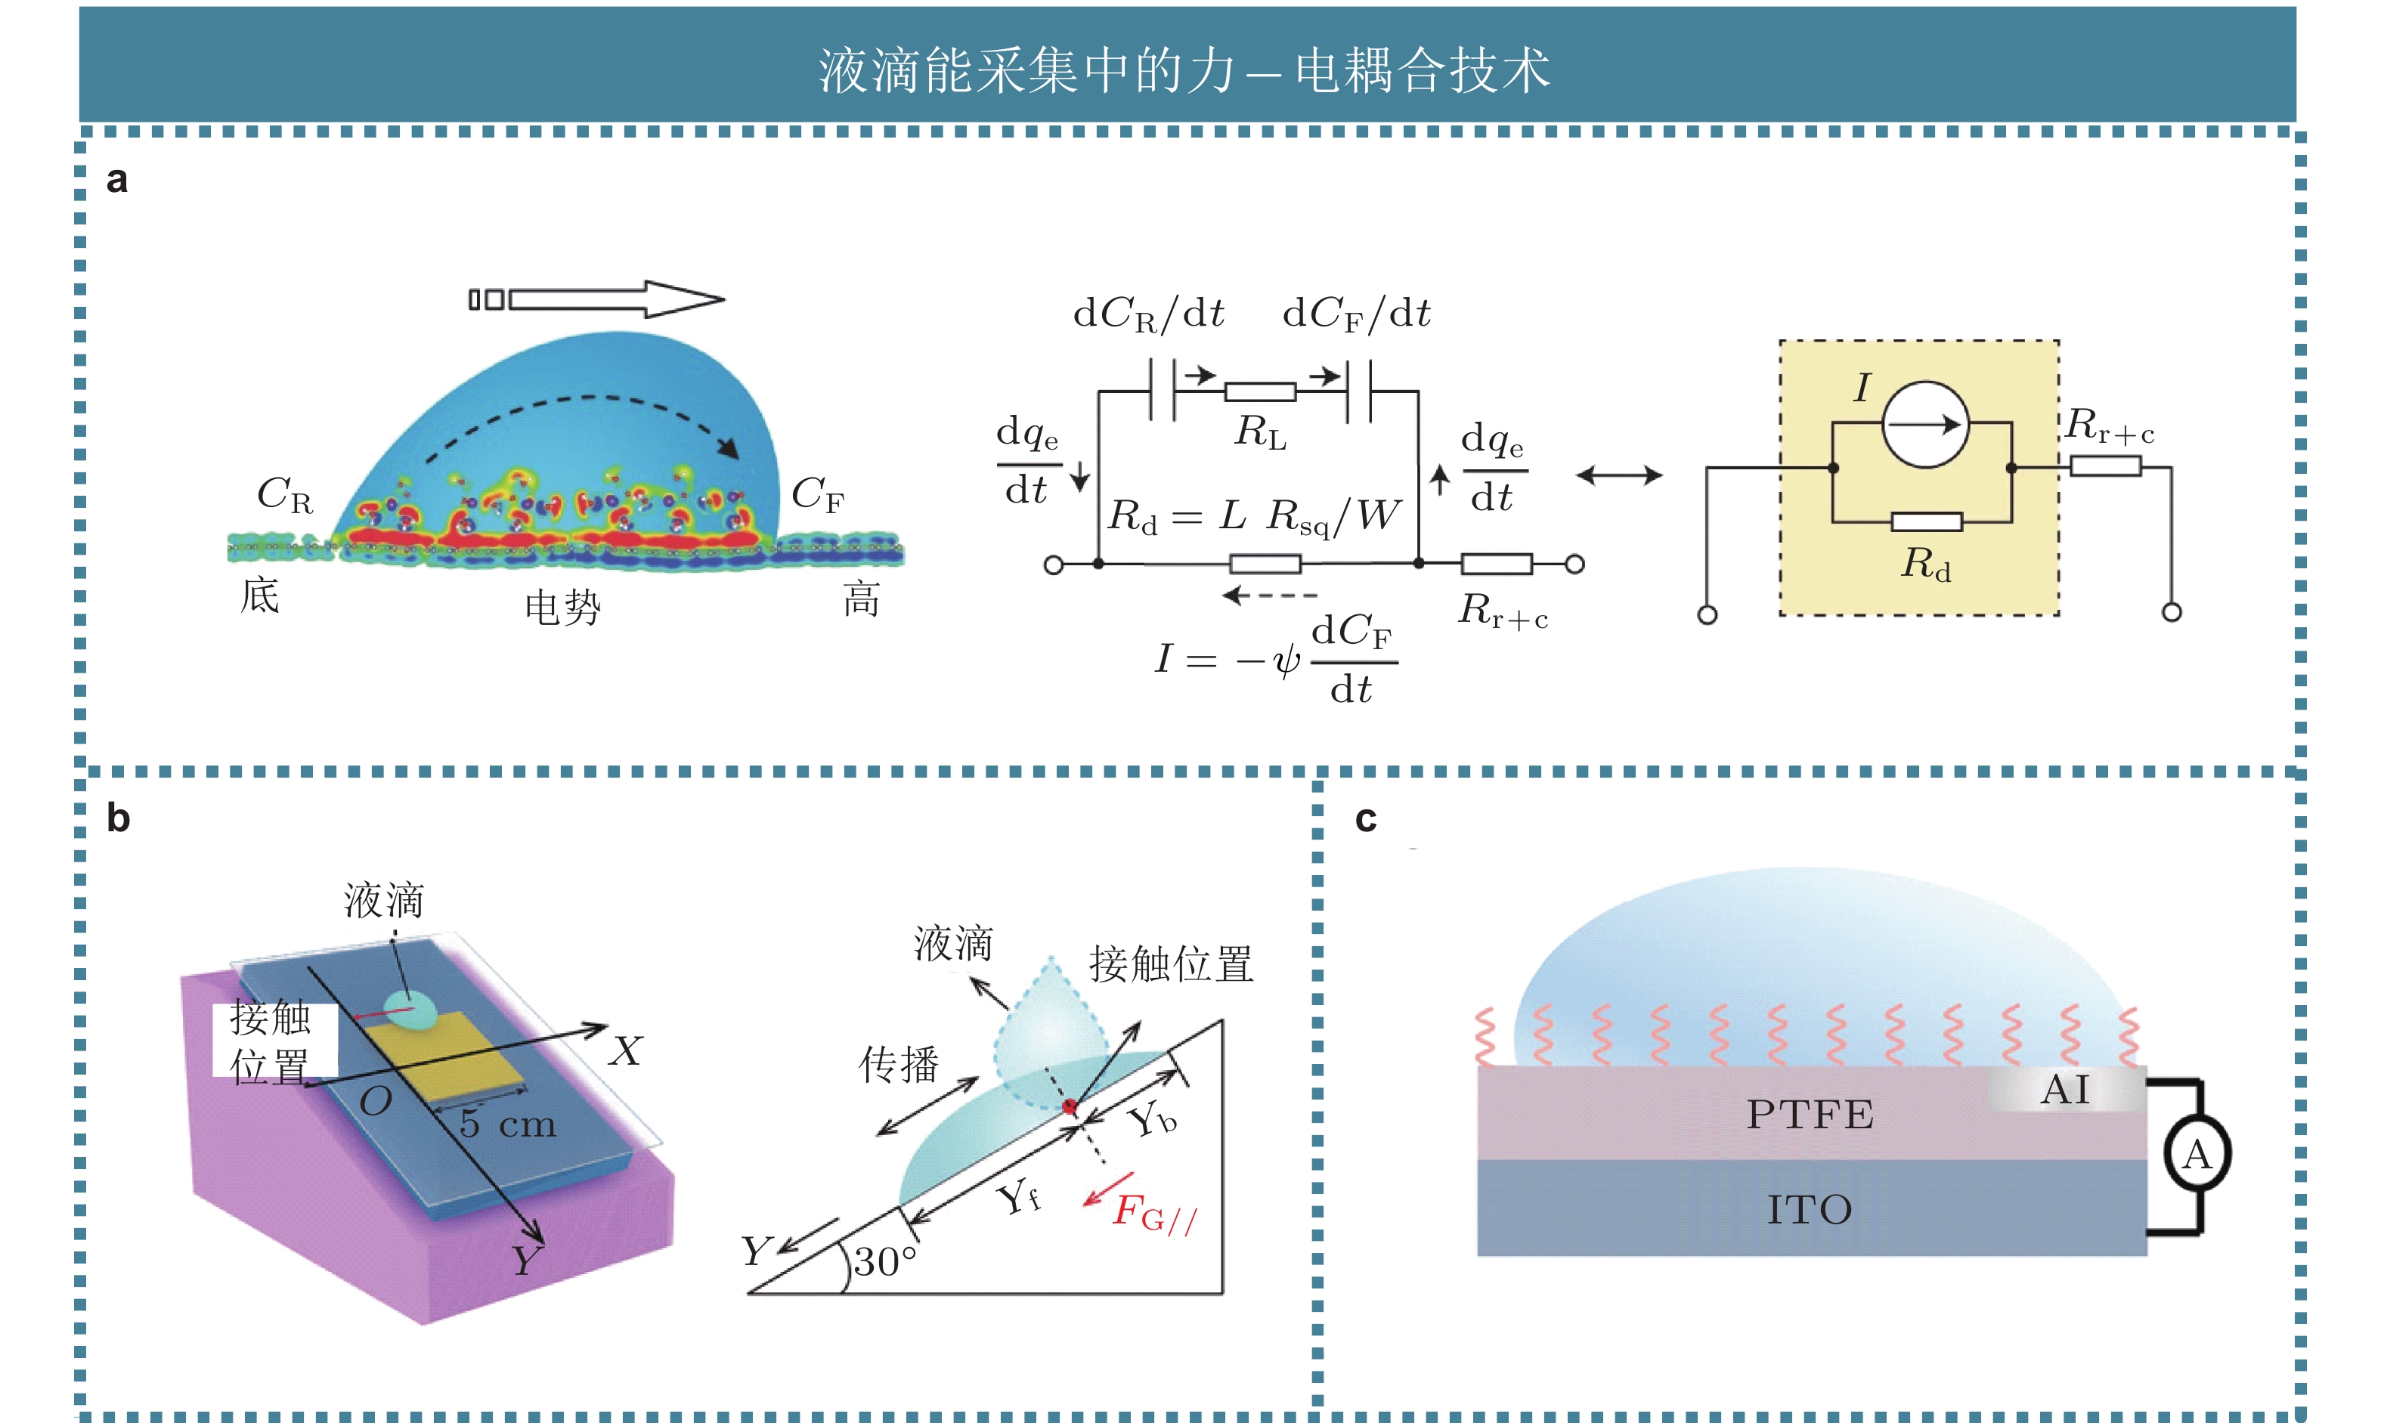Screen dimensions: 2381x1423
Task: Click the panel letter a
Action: [117, 181]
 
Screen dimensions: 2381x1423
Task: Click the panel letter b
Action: [118, 818]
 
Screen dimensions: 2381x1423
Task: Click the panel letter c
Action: [1366, 820]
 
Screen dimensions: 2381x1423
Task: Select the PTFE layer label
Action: [1810, 1114]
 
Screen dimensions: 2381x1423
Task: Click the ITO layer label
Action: [1810, 1210]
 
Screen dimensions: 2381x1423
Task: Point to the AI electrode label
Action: [2064, 1090]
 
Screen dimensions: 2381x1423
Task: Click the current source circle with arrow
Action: [1924, 424]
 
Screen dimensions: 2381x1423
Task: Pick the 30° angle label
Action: [885, 1261]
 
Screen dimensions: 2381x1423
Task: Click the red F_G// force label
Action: [1153, 1214]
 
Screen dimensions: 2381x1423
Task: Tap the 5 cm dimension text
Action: [507, 1123]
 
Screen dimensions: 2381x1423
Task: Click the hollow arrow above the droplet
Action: [596, 299]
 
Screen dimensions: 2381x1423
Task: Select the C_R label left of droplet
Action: [284, 496]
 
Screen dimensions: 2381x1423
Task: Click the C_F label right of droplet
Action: [817, 496]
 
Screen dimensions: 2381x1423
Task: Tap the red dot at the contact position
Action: [1070, 1108]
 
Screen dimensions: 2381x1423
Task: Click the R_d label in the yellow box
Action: [1925, 564]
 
